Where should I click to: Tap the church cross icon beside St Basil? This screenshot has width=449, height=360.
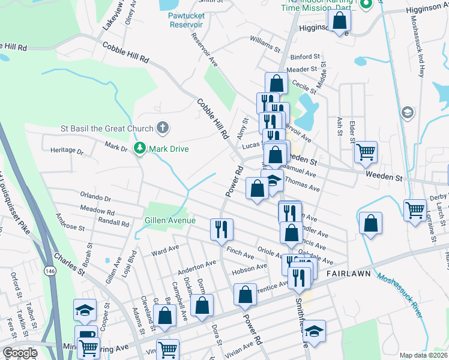point(161,127)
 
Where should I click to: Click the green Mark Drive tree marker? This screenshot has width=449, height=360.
point(140,148)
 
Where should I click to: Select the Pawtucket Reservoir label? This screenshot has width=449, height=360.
point(185,19)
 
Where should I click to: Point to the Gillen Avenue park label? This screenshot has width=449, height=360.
point(170,221)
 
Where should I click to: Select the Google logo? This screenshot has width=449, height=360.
point(20,353)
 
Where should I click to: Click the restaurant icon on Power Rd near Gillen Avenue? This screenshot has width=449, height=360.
point(221,228)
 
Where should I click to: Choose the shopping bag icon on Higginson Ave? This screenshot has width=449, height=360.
point(339,20)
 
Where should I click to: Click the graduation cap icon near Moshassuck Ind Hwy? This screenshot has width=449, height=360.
point(408,112)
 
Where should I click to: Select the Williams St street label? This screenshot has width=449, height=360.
point(265,43)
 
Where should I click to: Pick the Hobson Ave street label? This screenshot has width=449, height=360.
point(253,267)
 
